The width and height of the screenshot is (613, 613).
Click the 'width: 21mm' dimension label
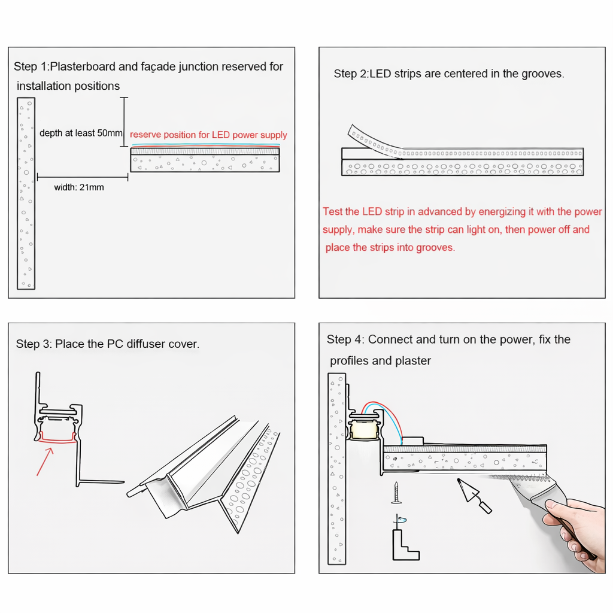point(79,187)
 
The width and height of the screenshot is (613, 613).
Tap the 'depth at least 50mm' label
point(81,133)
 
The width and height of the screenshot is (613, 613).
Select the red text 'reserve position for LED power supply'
point(208,135)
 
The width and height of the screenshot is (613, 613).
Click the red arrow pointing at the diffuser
point(45,462)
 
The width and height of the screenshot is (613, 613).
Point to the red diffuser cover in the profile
point(57,439)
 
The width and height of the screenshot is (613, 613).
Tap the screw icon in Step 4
point(396,493)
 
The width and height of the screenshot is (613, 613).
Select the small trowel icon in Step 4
point(474,495)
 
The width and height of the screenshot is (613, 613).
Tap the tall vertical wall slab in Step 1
point(26,193)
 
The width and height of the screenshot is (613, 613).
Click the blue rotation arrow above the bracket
point(401,520)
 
